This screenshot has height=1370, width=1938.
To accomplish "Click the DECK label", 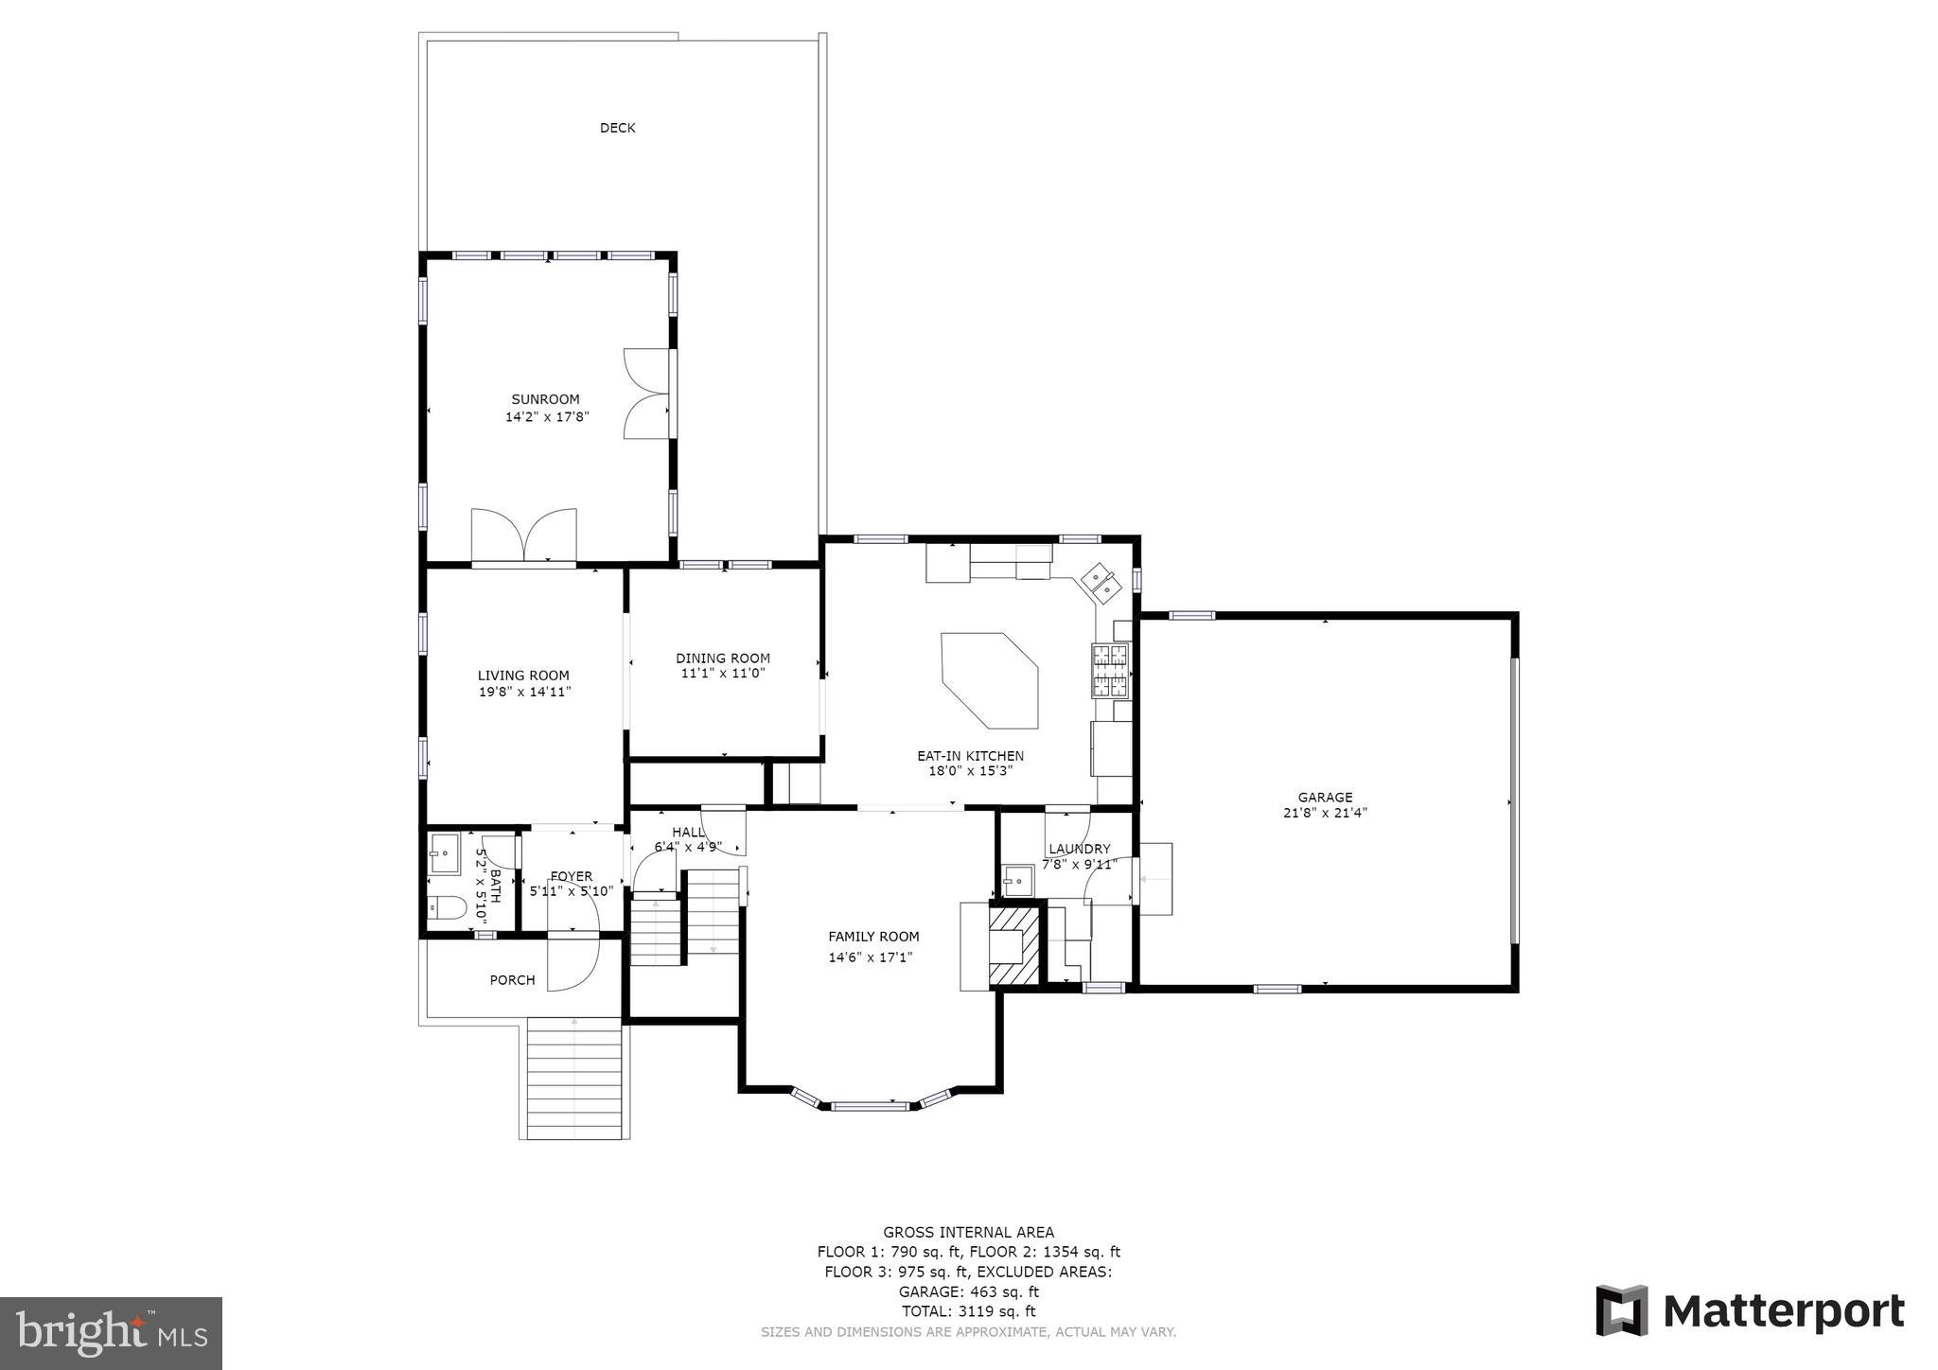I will [617, 128].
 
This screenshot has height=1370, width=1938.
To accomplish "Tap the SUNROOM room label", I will [545, 399].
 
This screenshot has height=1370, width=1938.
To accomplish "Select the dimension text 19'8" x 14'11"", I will [524, 692].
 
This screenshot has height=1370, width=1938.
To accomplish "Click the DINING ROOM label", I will [722, 658].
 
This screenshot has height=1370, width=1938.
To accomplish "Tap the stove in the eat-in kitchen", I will [1111, 669].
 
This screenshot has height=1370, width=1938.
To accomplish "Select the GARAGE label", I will [1325, 797].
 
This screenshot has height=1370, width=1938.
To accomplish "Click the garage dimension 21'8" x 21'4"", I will [1325, 813].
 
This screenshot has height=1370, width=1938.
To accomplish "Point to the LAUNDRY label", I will [1079, 849].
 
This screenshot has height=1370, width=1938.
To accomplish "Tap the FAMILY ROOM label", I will [873, 937].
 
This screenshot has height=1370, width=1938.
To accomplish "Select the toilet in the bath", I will [446, 908].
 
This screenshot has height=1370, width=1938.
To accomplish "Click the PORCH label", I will [512, 980].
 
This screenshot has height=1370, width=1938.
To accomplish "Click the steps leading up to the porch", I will [574, 1079].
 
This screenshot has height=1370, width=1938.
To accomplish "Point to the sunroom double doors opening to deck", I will [647, 394].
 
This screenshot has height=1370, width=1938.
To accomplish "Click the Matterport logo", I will [1750, 1311].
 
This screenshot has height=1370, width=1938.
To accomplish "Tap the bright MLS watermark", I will [111, 1333].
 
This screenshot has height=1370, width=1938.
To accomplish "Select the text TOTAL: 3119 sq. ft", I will [968, 1311].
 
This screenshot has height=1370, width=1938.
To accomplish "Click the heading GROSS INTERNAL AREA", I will [968, 1232].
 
